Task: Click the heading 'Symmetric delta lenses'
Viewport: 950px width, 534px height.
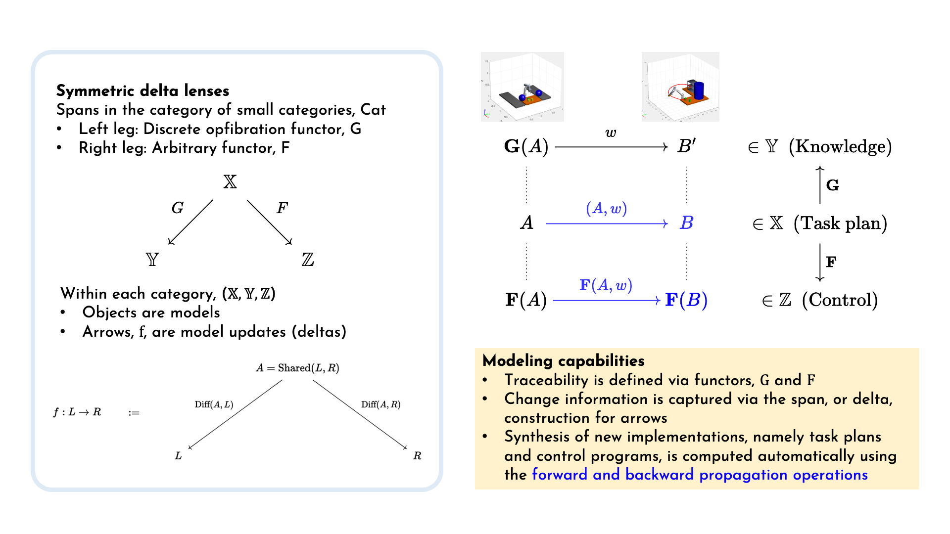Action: [x=142, y=90]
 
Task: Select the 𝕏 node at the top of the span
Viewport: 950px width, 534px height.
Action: [x=230, y=182]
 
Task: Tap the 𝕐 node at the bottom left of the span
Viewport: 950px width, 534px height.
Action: [x=152, y=260]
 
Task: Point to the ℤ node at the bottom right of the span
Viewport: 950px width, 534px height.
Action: [x=308, y=260]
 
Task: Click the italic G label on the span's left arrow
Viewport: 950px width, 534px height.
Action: [x=178, y=208]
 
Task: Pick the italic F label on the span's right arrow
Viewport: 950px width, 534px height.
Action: [x=282, y=208]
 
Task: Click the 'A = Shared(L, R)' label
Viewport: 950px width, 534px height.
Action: [x=298, y=368]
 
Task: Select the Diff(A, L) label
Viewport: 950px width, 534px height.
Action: [x=214, y=404]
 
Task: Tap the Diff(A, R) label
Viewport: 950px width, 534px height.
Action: [x=381, y=404]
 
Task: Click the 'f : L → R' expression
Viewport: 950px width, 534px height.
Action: [x=77, y=412]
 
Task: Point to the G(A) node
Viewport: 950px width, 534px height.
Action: [x=526, y=146]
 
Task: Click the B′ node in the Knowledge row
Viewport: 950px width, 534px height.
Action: [x=687, y=146]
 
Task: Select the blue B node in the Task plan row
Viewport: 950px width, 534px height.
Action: [x=686, y=223]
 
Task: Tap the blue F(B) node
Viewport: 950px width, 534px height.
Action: [x=686, y=300]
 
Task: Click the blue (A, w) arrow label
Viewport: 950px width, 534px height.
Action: [x=607, y=209]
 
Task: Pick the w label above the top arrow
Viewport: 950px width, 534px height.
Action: [x=611, y=133]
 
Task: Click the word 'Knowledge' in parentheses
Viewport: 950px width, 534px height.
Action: [x=841, y=146]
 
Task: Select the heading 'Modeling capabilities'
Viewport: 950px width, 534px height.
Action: [x=564, y=360]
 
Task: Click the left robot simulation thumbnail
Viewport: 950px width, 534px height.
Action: [x=522, y=87]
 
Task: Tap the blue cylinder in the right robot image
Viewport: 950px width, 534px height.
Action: [x=699, y=90]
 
